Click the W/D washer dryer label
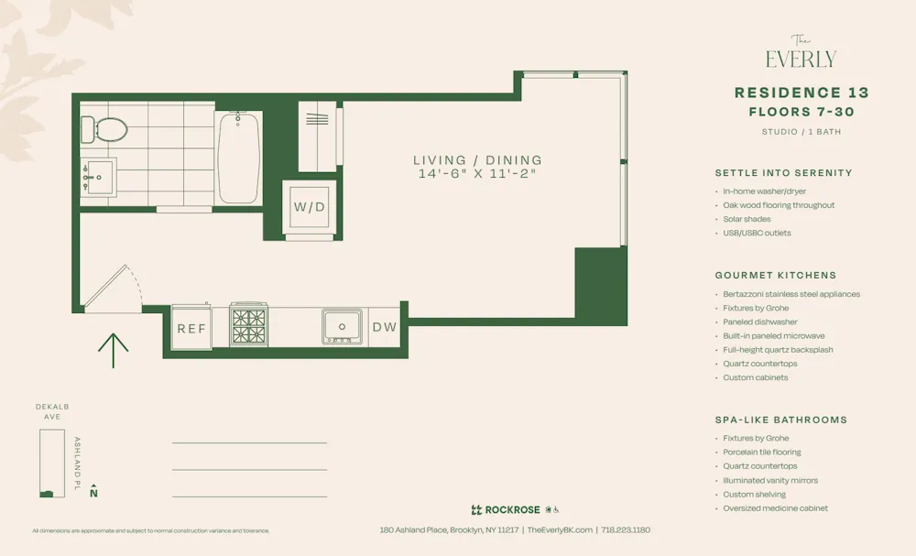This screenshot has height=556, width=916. pyautogui.click(x=310, y=207)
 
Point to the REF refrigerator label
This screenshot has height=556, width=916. pyautogui.click(x=192, y=329)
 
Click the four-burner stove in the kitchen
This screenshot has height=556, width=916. pyautogui.click(x=248, y=325)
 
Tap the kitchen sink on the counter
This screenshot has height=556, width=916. pyautogui.click(x=343, y=326)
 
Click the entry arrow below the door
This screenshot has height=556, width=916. pyautogui.click(x=113, y=350)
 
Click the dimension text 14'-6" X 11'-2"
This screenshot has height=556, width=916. pyautogui.click(x=476, y=173)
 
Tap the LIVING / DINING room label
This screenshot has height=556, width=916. pyautogui.click(x=477, y=159)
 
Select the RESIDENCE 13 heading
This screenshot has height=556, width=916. pyautogui.click(x=801, y=93)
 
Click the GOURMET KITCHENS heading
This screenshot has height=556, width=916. pyautogui.click(x=775, y=275)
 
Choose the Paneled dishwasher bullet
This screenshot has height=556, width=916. pyautogui.click(x=759, y=322)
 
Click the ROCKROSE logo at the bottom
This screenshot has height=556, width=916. pyautogui.click(x=506, y=510)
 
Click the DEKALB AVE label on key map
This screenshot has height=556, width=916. pyautogui.click(x=52, y=411)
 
